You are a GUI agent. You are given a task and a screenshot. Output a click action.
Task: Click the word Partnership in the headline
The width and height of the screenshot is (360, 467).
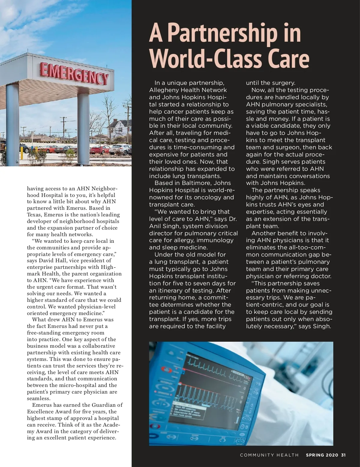tap(222, 34)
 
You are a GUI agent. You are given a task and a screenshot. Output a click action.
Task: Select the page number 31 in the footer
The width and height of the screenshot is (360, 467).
tap(343, 455)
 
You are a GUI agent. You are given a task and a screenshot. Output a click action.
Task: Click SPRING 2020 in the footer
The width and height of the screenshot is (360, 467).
tap(322, 455)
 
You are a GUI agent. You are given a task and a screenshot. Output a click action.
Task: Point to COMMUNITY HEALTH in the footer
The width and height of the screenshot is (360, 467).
tap(269, 455)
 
